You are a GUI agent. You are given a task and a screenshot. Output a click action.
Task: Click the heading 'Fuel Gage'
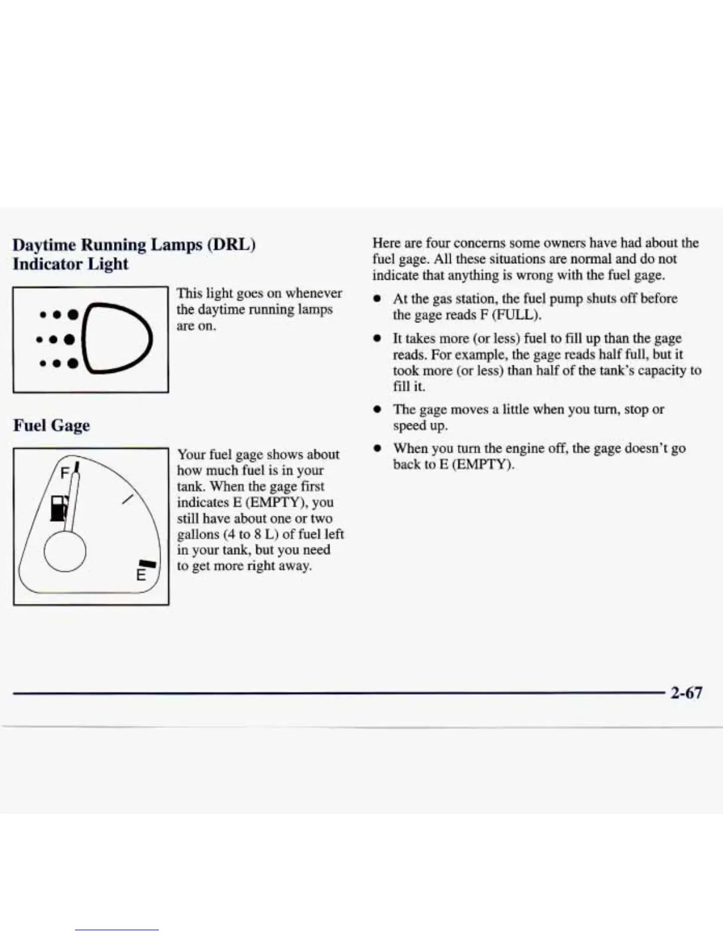pyautogui.click(x=51, y=425)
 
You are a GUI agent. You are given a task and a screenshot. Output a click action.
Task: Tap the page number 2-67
pyautogui.click(x=686, y=692)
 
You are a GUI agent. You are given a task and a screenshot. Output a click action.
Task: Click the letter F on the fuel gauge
pyautogui.click(x=65, y=473)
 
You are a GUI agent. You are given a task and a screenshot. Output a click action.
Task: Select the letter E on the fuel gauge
pyautogui.click(x=141, y=574)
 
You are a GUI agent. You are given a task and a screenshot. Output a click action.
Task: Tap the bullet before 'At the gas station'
pyautogui.click(x=376, y=299)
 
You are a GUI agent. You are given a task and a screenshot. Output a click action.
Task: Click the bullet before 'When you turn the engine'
pyautogui.click(x=376, y=449)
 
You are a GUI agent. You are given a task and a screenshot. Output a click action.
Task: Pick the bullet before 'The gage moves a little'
pyautogui.click(x=376, y=410)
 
